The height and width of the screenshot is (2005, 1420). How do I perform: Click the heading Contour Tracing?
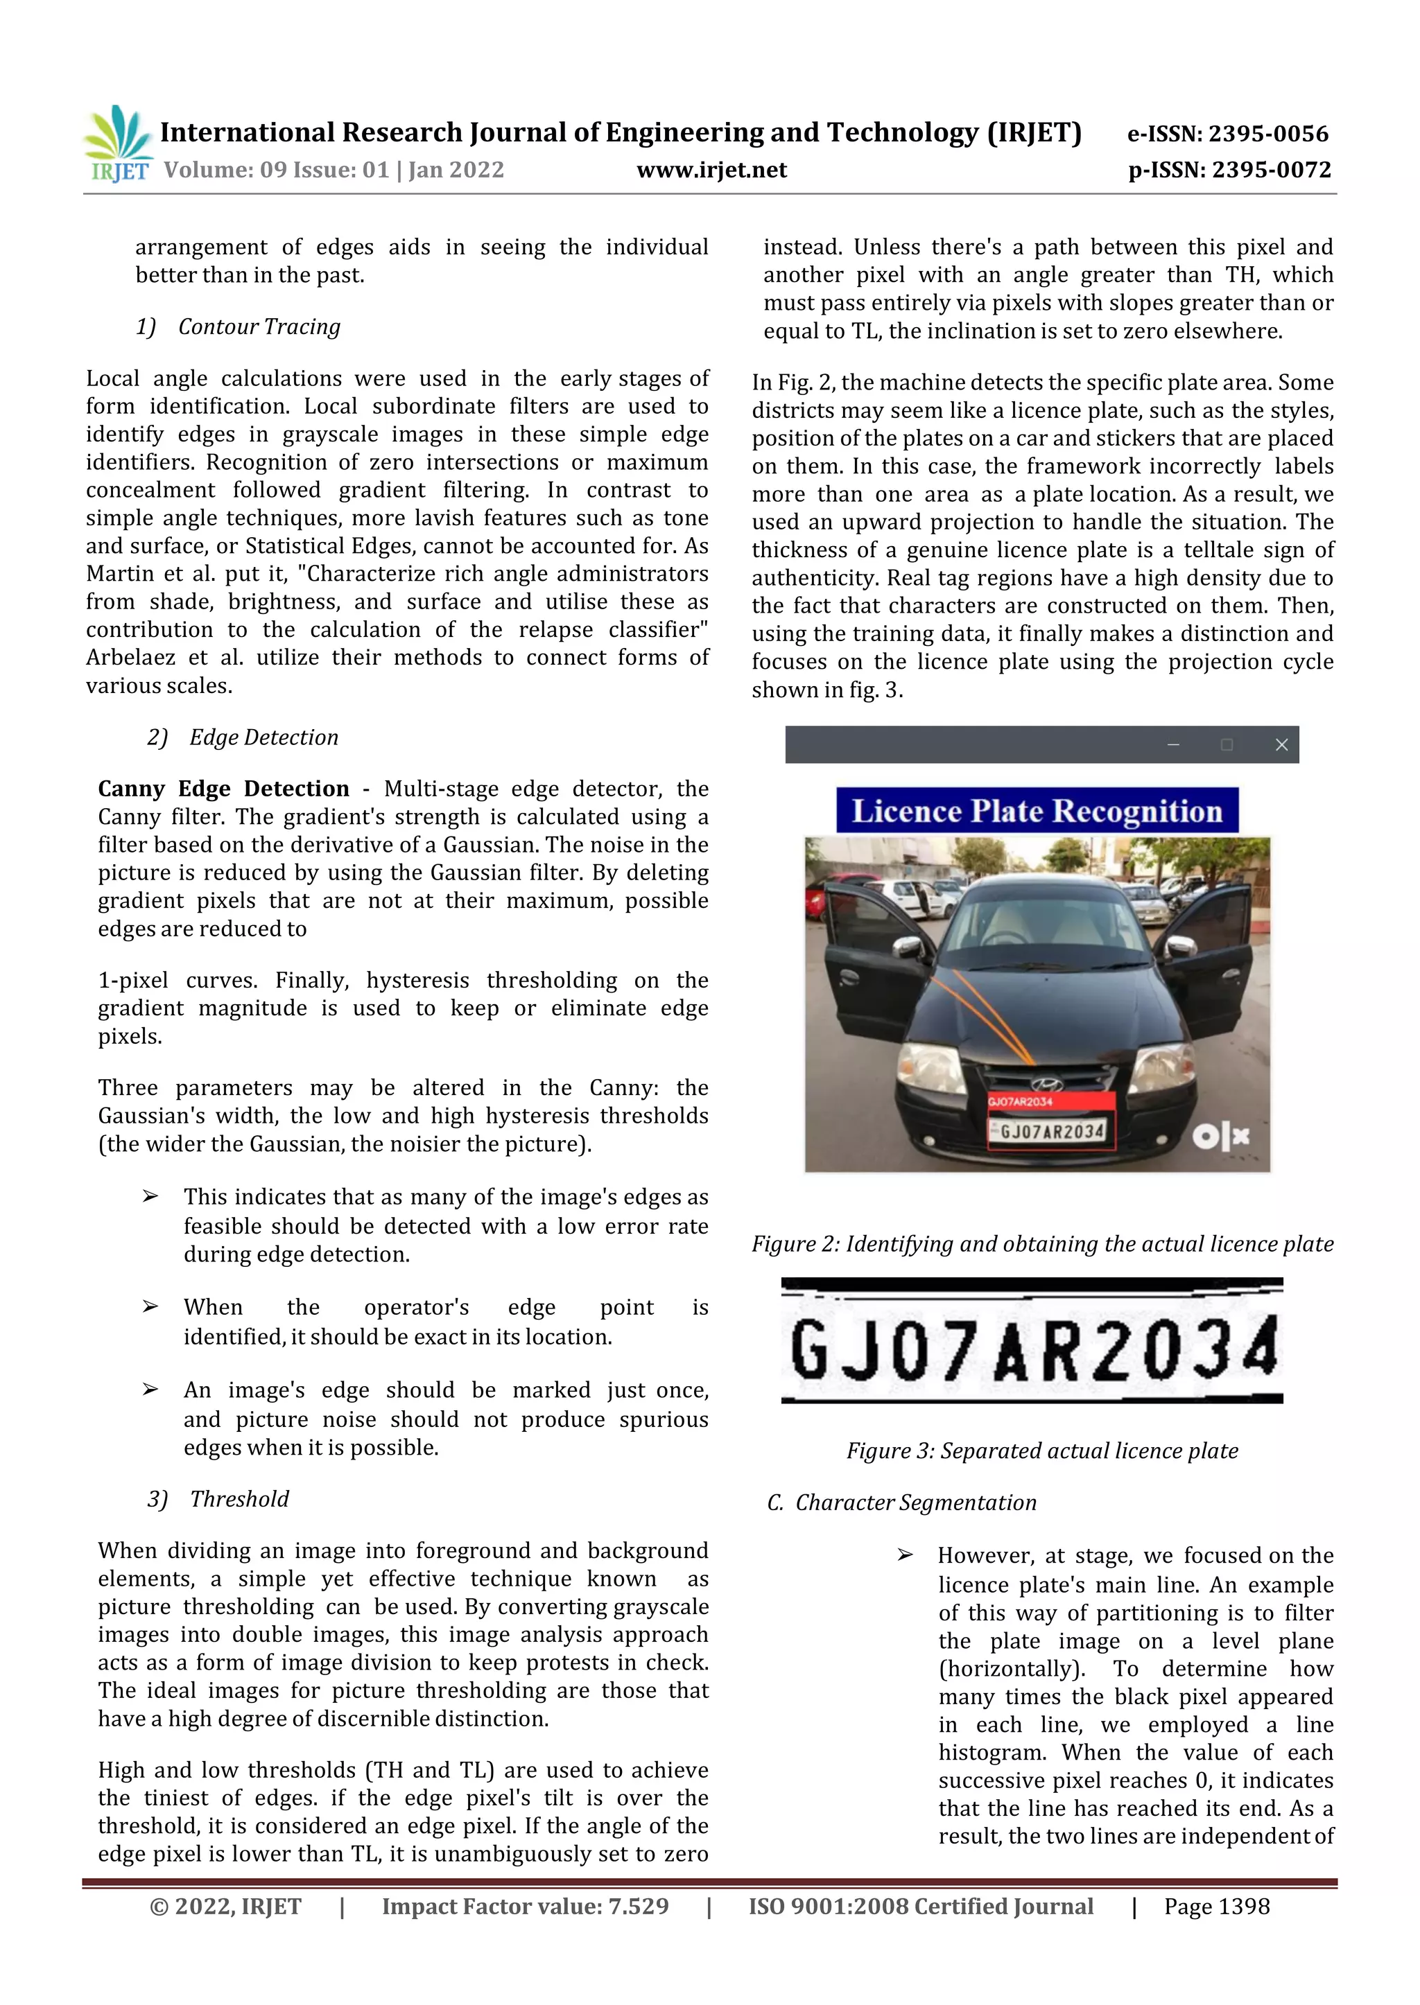pyautogui.click(x=259, y=327)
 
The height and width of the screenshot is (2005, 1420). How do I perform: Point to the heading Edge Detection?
pyautogui.click(x=263, y=737)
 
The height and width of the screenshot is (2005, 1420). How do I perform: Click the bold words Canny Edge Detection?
pyautogui.click(x=223, y=789)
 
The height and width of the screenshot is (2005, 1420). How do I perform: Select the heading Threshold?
pyautogui.click(x=240, y=1499)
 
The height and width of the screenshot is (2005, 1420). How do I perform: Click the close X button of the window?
pyautogui.click(x=1281, y=744)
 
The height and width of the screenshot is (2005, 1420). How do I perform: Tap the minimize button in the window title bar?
pyautogui.click(x=1172, y=744)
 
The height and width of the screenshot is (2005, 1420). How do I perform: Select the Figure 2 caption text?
pyautogui.click(x=1042, y=1244)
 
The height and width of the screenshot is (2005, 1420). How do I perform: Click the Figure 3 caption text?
pyautogui.click(x=1042, y=1451)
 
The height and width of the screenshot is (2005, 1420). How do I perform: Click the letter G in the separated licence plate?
pyautogui.click(x=810, y=1349)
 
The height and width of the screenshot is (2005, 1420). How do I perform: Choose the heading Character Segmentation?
pyautogui.click(x=915, y=1503)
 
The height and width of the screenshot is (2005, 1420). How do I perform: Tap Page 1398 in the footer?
pyautogui.click(x=1216, y=1906)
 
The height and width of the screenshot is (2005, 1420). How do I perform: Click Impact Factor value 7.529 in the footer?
pyautogui.click(x=525, y=1906)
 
